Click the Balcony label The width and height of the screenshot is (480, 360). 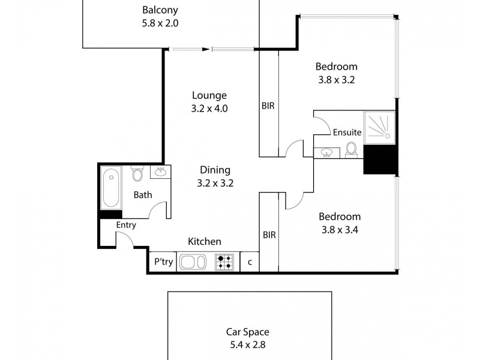(160, 10)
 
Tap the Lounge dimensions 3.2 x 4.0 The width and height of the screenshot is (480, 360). (209, 109)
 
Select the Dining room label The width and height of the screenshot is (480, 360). (215, 170)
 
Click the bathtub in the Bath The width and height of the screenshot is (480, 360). (110, 187)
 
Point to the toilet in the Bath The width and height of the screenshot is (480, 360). (137, 175)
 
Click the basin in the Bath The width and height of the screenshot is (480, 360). (160, 172)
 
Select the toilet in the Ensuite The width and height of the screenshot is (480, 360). (352, 149)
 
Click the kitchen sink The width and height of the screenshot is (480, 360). (193, 262)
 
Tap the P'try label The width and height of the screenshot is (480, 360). (163, 262)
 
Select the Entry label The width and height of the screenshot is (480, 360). (126, 225)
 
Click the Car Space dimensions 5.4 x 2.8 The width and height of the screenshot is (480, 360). (247, 345)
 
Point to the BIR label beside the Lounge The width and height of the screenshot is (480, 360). (268, 106)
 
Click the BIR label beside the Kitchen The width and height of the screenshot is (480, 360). (269, 235)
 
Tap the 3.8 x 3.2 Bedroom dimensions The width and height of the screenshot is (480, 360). (336, 79)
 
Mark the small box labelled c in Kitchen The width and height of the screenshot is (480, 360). (250, 262)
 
